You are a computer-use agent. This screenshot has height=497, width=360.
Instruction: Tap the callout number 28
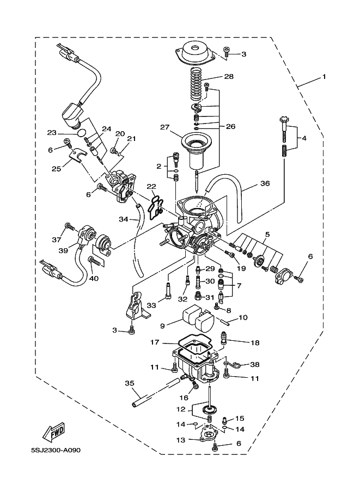click(x=229, y=77)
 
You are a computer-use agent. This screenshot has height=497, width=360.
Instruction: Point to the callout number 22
click(x=151, y=186)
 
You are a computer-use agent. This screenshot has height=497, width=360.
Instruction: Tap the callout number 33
click(x=151, y=306)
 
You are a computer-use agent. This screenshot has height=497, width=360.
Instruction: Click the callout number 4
click(x=304, y=138)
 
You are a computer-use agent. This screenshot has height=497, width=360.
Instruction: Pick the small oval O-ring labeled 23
click(x=80, y=132)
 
